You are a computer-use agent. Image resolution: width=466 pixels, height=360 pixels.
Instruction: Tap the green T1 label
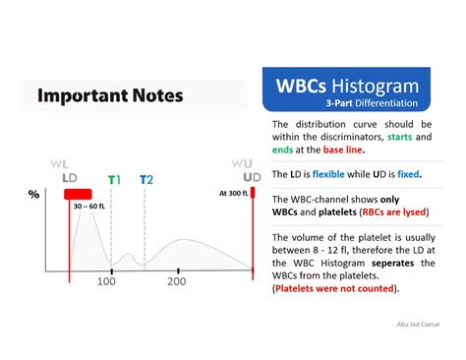point(115,179)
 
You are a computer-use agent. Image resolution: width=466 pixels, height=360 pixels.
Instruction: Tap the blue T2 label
point(146,179)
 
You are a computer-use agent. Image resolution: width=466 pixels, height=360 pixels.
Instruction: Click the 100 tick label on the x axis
point(106,282)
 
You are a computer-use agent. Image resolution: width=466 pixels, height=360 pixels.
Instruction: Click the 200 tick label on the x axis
point(176,282)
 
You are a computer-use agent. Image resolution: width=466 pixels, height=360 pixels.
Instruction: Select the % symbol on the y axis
point(33,194)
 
